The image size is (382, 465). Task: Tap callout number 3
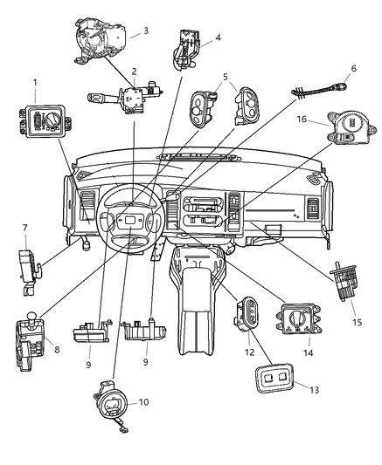[x=146, y=31]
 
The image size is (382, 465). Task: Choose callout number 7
[x=24, y=228]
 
